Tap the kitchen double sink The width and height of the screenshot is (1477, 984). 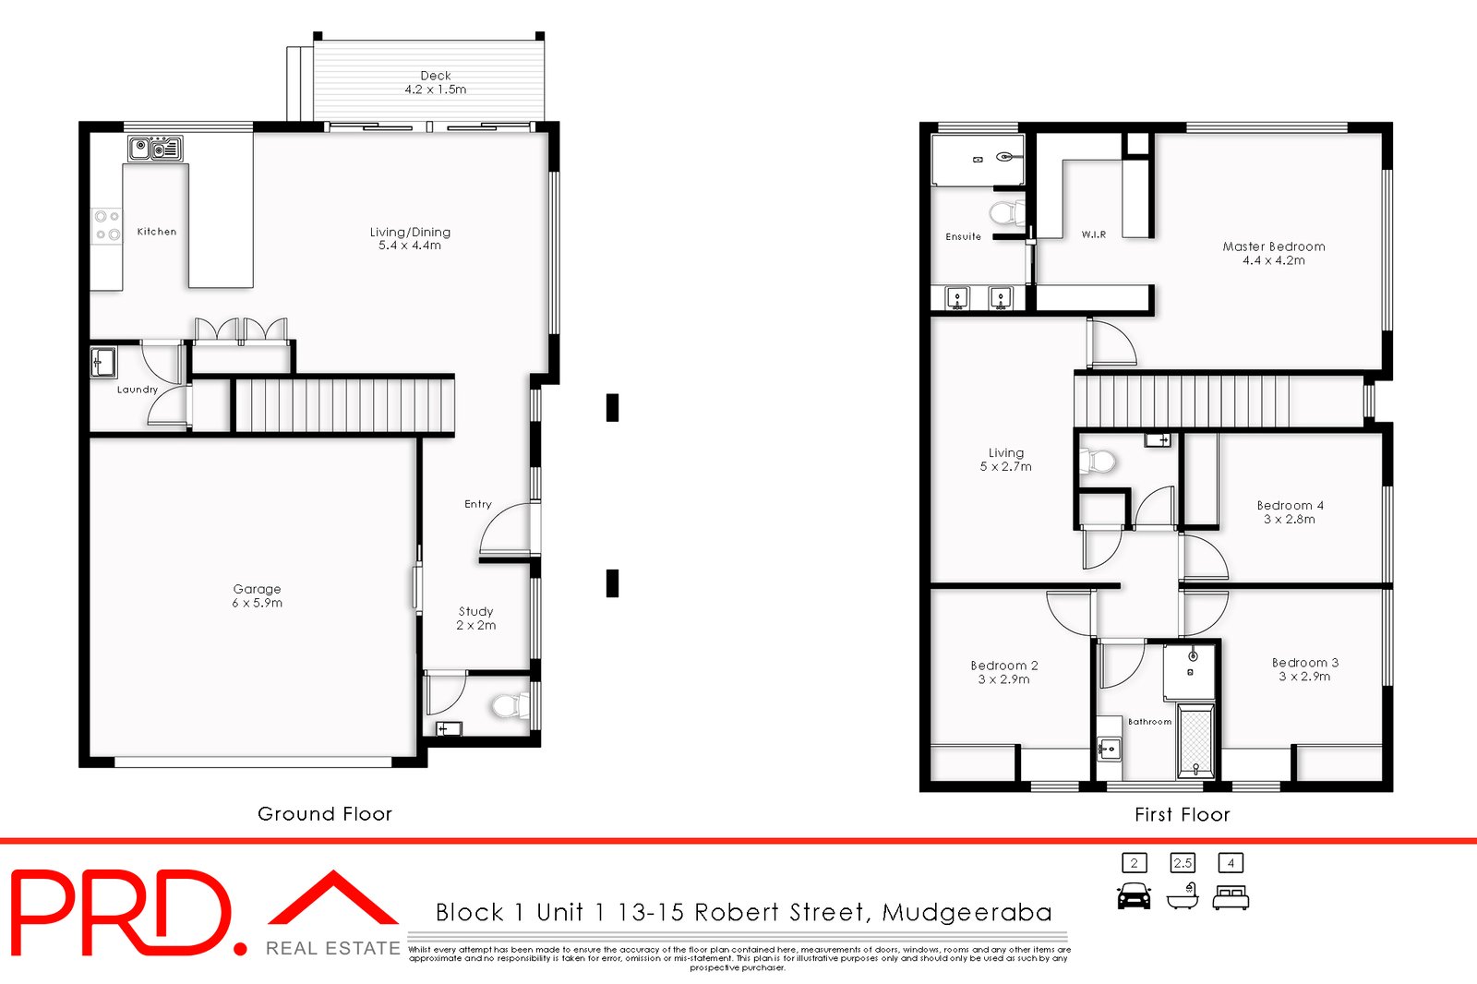(156, 149)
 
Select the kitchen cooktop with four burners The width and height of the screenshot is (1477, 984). (106, 225)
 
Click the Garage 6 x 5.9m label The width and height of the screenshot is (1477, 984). (257, 595)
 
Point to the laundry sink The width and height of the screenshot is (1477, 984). (102, 362)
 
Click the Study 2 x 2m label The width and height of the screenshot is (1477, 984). (475, 618)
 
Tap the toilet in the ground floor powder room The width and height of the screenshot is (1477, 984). (510, 705)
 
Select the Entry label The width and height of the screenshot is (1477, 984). (477, 504)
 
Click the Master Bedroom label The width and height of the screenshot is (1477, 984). (1273, 246)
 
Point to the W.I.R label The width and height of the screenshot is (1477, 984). (1093, 234)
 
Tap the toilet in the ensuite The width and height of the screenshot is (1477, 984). (1007, 213)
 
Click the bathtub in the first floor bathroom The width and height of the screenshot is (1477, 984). (1196, 740)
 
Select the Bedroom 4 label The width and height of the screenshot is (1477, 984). (1290, 505)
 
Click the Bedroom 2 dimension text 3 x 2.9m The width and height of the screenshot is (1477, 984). (1003, 679)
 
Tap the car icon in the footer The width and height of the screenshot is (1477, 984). (1135, 896)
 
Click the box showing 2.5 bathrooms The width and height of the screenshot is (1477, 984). (1183, 863)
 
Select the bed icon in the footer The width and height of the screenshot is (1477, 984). (1231, 897)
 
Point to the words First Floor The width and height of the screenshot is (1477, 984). (1182, 814)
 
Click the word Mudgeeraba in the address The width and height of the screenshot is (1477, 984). (967, 913)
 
